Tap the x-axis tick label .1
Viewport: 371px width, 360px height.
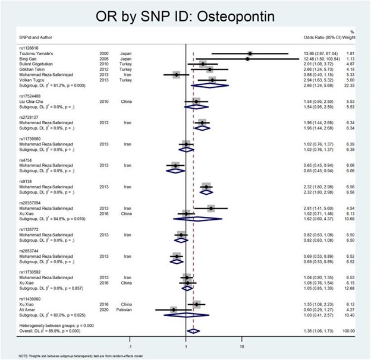(130, 345)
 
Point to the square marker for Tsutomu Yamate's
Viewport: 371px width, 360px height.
(250, 53)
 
